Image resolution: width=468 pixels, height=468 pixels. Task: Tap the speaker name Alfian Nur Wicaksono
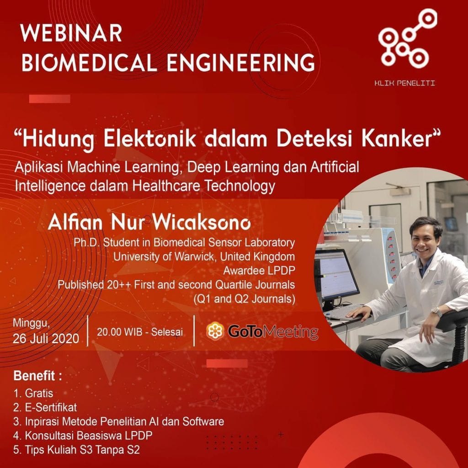(149, 223)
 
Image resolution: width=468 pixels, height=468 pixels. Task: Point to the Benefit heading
(38, 377)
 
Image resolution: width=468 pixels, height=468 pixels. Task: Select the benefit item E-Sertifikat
(52, 407)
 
